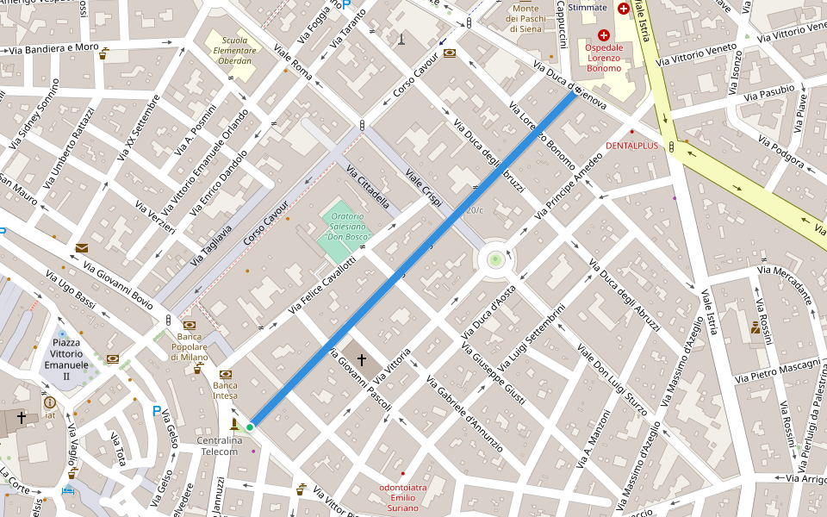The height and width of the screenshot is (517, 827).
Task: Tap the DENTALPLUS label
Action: pos(631,146)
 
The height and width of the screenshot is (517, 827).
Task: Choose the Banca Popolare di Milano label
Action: pos(190,346)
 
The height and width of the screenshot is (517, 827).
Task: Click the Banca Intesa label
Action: pos(226,390)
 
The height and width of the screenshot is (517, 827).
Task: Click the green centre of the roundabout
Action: pos(494,259)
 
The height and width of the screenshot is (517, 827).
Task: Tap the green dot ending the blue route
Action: pos(250,427)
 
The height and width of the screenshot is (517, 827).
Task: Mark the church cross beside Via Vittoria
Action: pos(362,358)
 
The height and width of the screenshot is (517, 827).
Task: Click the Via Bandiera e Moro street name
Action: pos(53,48)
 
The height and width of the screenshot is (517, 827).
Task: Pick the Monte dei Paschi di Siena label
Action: pos(525,18)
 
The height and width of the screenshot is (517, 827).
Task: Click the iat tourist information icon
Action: pos(50,402)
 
